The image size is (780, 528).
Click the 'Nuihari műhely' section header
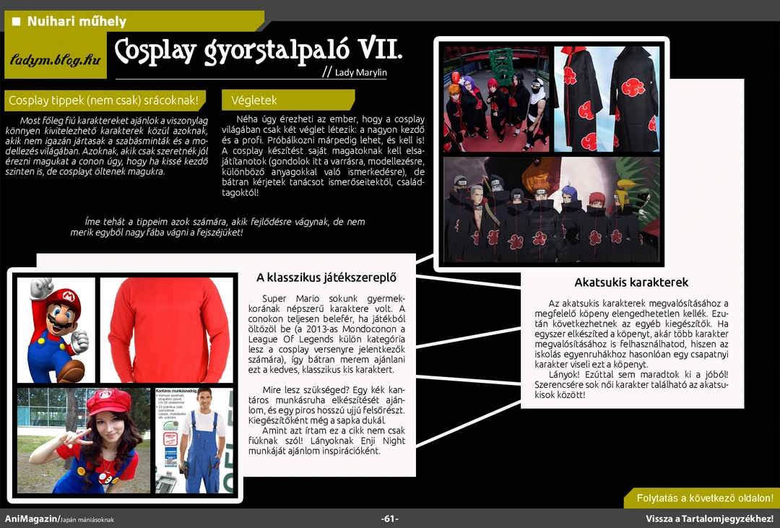[x=77, y=22]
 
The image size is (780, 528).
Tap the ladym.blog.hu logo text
[x=55, y=60]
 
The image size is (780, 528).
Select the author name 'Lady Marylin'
[x=360, y=73]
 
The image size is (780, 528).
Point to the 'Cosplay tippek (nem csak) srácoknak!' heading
[x=103, y=100]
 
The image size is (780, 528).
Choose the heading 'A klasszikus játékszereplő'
[x=326, y=277]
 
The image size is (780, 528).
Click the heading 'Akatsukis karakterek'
[x=631, y=282]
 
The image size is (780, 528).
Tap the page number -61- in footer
[x=390, y=519]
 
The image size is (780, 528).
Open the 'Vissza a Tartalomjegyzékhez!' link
[x=709, y=519]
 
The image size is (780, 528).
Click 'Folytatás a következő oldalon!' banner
[x=704, y=498]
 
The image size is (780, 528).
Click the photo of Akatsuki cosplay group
[x=496, y=99]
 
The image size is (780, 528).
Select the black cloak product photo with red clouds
[x=607, y=99]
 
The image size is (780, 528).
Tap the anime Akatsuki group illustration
[x=551, y=209]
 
